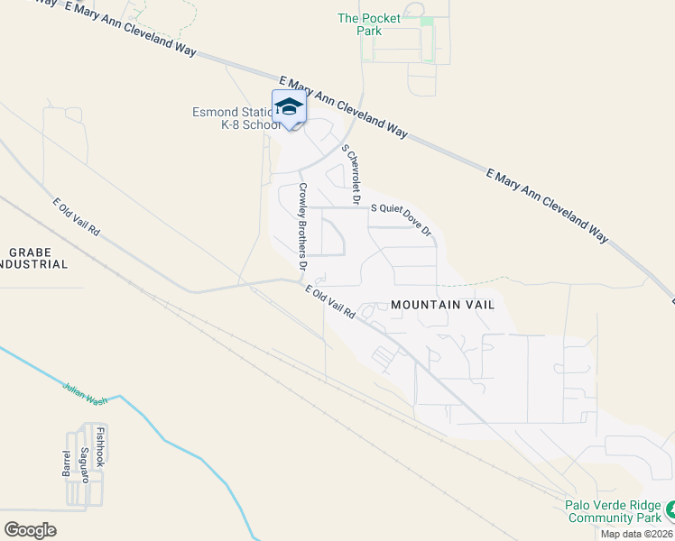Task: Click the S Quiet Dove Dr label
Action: click(402, 218)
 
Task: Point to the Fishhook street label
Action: click(101, 448)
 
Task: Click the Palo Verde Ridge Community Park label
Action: click(613, 512)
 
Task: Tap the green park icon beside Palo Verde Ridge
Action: click(670, 512)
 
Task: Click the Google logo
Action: click(30, 530)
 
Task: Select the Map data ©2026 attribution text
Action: click(635, 534)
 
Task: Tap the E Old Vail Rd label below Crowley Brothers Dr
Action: click(329, 302)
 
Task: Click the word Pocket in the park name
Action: click(381, 18)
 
